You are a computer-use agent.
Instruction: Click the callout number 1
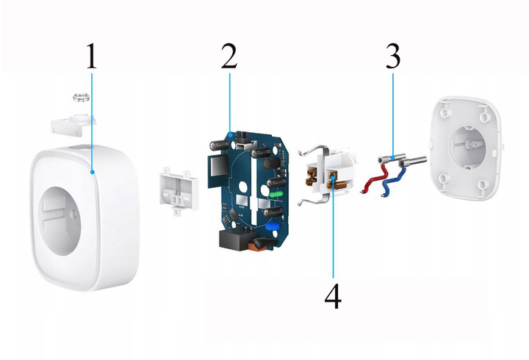[91, 56]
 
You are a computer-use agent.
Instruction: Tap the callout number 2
[229, 56]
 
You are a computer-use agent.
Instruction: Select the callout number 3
[393, 56]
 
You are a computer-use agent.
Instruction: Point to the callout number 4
[333, 296]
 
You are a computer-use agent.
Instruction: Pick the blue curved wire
[392, 181]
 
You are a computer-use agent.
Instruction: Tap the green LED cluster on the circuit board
[276, 195]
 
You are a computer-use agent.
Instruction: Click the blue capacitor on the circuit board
[271, 226]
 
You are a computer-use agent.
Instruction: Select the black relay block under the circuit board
[234, 240]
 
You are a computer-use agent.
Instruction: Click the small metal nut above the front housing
[81, 97]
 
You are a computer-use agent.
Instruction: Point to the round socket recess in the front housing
[60, 221]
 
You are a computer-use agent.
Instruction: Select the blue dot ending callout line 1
[92, 172]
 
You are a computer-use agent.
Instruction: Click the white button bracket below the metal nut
[73, 125]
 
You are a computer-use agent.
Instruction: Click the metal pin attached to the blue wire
[412, 162]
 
